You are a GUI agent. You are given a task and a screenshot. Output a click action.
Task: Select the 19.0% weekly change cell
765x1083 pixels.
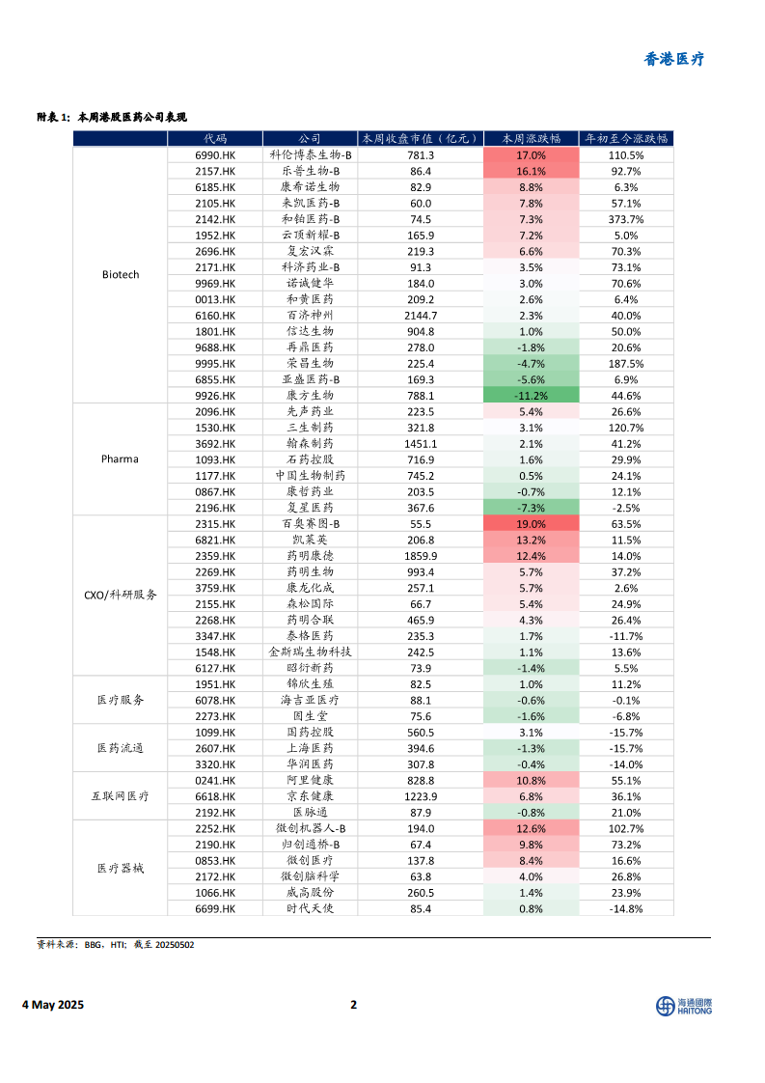(531, 523)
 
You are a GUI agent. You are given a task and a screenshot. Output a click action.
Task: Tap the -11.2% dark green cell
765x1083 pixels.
(531, 395)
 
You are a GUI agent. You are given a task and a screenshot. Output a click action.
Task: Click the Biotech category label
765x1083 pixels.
(121, 275)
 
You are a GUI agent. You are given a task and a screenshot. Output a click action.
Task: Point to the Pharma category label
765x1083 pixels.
(121, 459)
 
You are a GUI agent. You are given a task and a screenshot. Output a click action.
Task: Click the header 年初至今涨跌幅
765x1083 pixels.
(626, 138)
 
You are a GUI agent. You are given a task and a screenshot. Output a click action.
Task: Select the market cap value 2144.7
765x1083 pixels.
(421, 315)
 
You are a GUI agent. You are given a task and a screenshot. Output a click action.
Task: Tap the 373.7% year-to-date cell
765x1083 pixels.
(626, 219)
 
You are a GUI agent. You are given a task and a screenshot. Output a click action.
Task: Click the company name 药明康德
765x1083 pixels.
(310, 556)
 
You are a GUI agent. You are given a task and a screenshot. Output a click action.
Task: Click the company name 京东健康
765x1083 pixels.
(310, 796)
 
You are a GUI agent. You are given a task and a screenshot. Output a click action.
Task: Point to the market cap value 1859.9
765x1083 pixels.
(421, 556)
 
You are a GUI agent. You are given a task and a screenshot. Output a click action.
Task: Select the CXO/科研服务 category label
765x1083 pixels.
(121, 596)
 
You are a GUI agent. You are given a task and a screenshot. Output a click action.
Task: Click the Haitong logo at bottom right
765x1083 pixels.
(684, 1006)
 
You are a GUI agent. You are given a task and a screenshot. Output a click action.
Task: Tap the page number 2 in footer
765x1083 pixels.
(354, 1005)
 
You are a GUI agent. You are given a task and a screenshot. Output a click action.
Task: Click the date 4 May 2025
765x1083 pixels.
(53, 1005)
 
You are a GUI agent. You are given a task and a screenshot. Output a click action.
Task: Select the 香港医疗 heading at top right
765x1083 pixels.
(674, 59)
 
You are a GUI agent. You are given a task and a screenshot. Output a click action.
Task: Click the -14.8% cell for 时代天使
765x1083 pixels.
(626, 908)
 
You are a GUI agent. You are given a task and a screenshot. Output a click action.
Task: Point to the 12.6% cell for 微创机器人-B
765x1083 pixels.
(531, 828)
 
